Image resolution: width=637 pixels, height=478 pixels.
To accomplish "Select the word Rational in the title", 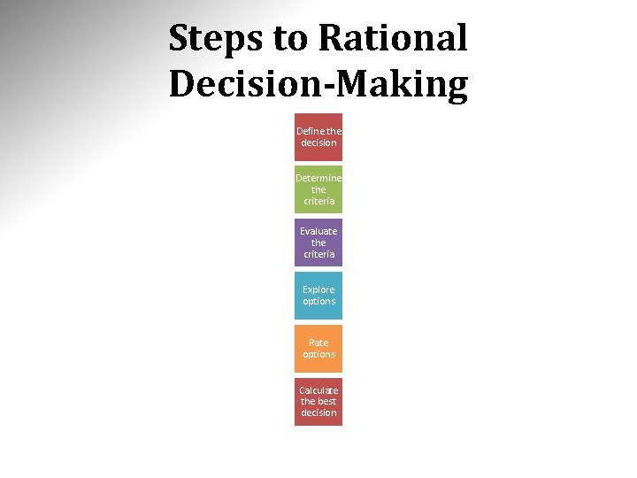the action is coord(392,38).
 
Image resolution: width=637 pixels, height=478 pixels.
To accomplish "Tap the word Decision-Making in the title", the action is coord(318,84).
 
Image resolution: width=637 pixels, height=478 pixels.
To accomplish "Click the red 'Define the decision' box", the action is coord(318,136).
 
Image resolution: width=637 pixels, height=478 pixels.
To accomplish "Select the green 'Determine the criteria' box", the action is coord(318,189).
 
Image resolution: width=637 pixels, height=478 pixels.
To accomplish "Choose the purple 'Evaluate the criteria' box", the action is coord(318,243).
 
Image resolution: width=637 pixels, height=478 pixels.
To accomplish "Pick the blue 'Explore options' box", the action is coord(318,296).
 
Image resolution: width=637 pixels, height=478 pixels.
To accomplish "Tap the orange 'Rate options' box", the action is coord(318,349).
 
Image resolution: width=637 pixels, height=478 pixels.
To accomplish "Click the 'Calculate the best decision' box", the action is coord(318,402).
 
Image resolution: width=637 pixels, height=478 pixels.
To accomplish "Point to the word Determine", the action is coord(318,178).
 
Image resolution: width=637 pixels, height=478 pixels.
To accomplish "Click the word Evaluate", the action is coord(318,231).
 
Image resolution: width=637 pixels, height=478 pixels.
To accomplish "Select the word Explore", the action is coord(318,289).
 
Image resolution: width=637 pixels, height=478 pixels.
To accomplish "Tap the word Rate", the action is coord(318,343).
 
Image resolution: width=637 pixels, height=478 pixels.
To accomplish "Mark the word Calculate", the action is coord(318,390).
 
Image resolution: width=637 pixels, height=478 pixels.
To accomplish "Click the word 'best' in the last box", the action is coord(327,402).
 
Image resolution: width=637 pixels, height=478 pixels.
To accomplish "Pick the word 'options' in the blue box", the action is coord(318,302).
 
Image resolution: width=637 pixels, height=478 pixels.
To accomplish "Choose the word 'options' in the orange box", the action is coord(318,355).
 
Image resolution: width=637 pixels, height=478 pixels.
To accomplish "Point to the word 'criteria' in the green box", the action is coord(318,201).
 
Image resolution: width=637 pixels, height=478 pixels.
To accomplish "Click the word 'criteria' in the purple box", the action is coord(318,254).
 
